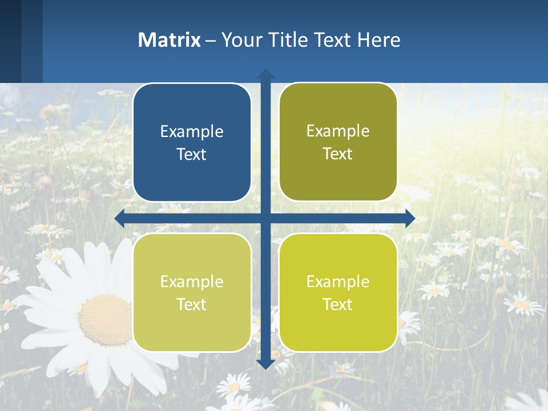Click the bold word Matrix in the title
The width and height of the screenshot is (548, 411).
(169, 40)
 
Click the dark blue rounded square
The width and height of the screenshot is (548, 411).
(192, 143)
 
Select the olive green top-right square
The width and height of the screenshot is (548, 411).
(338, 142)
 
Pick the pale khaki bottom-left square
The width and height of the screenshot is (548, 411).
(192, 292)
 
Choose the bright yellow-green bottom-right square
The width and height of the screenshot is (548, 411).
(338, 292)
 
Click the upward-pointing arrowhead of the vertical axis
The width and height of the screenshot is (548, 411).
(265, 74)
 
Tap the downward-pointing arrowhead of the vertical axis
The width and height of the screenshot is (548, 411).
(265, 364)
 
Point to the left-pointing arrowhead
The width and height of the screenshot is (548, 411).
(120, 218)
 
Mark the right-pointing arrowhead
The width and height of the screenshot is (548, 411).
(410, 218)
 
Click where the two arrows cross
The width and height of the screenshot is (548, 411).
(265, 218)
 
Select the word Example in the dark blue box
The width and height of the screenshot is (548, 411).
(192, 132)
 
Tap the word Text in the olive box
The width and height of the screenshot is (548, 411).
(338, 154)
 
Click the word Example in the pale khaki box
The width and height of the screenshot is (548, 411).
(192, 281)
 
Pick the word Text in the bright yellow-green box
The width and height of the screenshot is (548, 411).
(338, 304)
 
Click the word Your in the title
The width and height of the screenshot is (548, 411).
(239, 40)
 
